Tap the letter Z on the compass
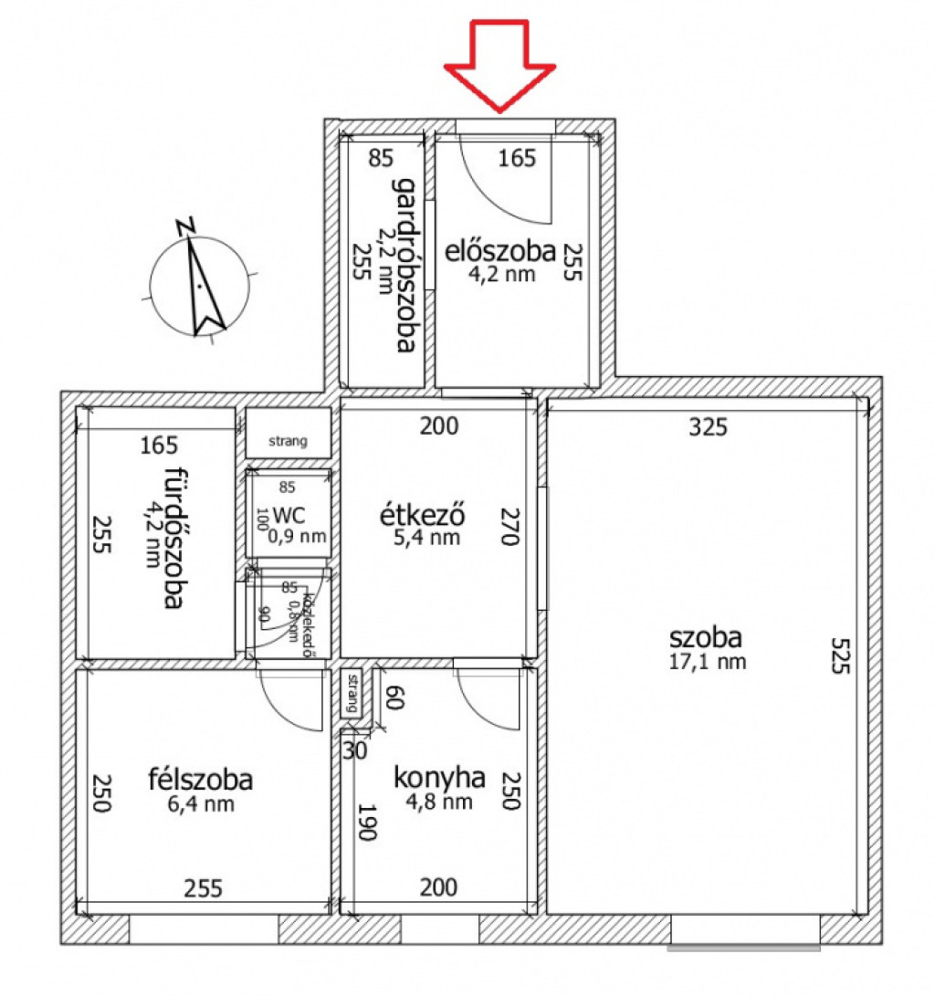186,225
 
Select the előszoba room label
499,250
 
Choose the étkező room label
423,516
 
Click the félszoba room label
200,781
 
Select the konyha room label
438,778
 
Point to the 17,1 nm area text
708,662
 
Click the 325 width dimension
708,425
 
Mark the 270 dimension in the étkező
508,526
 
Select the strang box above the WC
288,434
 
